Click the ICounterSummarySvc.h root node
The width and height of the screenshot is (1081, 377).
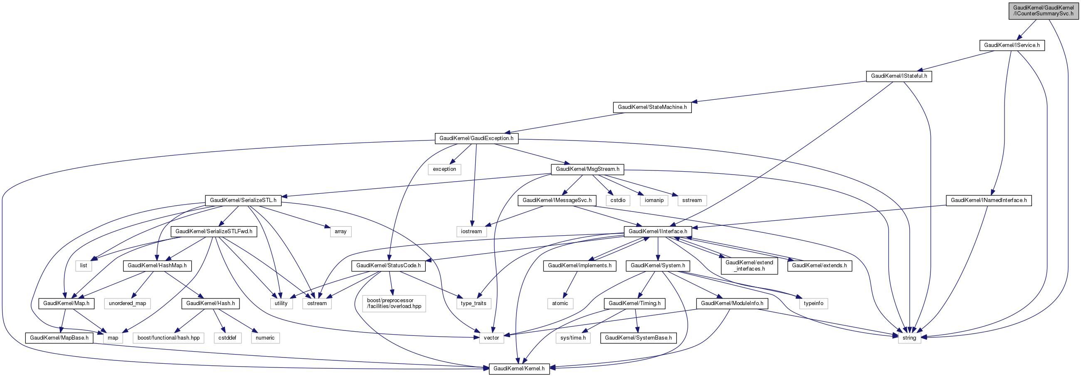tap(1043, 10)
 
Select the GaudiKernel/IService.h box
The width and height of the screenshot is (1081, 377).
tap(1012, 45)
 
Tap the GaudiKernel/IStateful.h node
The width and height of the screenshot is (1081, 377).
tap(899, 76)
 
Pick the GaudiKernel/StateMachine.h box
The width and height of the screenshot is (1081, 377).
tap(652, 107)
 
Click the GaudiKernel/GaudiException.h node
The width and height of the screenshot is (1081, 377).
tap(476, 138)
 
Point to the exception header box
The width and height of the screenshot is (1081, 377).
tap(444, 169)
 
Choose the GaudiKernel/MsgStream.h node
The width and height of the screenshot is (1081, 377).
tap(587, 169)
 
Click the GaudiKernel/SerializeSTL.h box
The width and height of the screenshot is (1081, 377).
tap(243, 200)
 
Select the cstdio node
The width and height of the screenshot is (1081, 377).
tap(618, 200)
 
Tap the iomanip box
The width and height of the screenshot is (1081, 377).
tap(654, 200)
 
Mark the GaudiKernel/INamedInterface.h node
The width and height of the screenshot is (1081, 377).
tap(989, 200)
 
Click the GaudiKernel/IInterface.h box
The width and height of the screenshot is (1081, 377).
tap(658, 231)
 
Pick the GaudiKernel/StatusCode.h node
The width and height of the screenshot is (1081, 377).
tap(388, 266)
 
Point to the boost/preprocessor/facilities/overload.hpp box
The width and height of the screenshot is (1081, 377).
tap(394, 303)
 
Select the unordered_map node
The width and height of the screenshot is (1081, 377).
tap(128, 303)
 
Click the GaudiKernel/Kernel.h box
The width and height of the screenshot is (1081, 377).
tap(519, 369)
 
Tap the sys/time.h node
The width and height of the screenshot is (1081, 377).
tap(573, 338)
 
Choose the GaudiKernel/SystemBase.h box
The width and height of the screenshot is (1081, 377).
tap(638, 338)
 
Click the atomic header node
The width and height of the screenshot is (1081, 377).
tap(560, 303)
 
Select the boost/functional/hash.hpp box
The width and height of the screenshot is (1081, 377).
tap(168, 338)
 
